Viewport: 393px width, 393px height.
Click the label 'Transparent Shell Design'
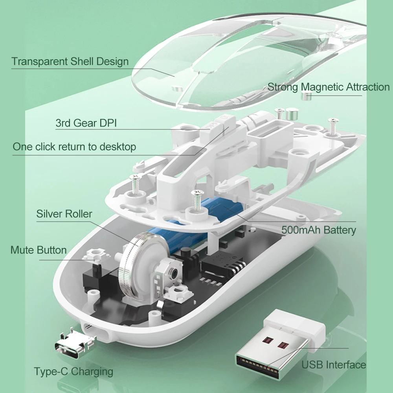pos(70,62)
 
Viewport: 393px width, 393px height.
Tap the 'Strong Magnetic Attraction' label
pos(329,87)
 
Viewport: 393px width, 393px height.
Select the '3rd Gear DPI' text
pos(86,123)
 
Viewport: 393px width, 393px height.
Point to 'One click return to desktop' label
pos(74,147)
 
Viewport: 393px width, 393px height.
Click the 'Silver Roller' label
pos(64,214)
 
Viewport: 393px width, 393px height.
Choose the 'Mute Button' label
pos(39,250)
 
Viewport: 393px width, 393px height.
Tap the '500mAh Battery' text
pos(319,230)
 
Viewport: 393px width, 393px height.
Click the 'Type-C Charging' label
pos(73,371)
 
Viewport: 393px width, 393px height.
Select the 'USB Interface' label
pos(334,365)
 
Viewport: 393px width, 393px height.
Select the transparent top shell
pos(244,59)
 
